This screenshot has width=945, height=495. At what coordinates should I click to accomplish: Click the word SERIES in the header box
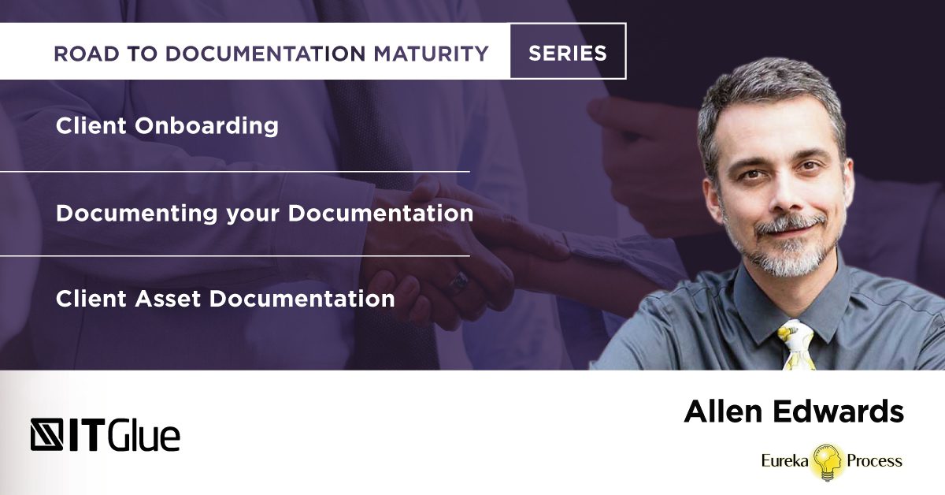(568, 54)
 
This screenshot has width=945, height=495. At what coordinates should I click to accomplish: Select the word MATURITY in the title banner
(432, 54)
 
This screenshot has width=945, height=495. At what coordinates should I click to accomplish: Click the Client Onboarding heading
(167, 126)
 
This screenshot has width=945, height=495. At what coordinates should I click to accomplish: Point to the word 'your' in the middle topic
(253, 215)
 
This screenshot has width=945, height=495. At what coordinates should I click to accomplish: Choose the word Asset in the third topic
(168, 299)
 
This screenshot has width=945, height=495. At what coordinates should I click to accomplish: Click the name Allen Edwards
(794, 411)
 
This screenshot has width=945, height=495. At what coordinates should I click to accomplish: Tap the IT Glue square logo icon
(46, 434)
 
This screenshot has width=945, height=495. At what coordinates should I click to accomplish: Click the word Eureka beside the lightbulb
(784, 460)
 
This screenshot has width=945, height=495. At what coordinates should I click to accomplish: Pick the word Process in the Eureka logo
(875, 461)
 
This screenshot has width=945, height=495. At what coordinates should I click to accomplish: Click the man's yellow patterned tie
(796, 345)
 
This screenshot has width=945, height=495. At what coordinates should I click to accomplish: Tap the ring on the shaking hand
(458, 282)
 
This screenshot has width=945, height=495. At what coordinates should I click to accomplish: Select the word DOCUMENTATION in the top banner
(265, 54)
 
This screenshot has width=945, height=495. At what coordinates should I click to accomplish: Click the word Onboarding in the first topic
(206, 126)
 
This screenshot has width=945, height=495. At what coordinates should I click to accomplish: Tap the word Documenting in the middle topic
(137, 214)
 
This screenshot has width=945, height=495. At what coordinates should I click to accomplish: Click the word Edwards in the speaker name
(839, 411)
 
